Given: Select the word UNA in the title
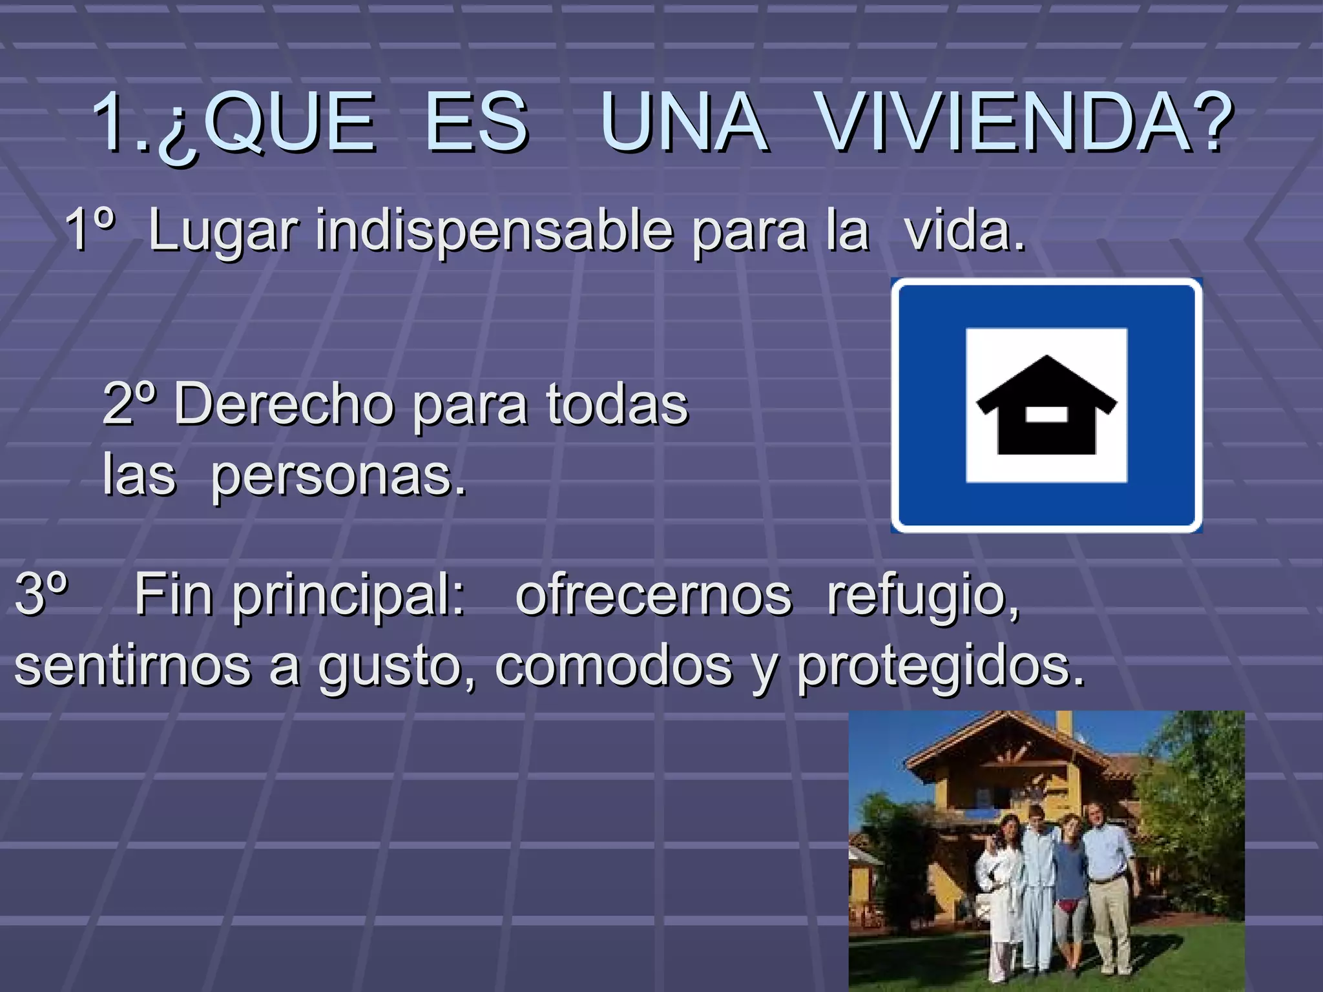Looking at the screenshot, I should (685, 123).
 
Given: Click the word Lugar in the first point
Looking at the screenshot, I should (224, 230).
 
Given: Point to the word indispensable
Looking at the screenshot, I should (494, 230).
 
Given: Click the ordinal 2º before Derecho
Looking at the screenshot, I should (129, 404).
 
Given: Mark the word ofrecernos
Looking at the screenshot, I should (653, 595).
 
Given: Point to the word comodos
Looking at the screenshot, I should (614, 666).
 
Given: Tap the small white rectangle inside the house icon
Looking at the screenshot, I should (1047, 413).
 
